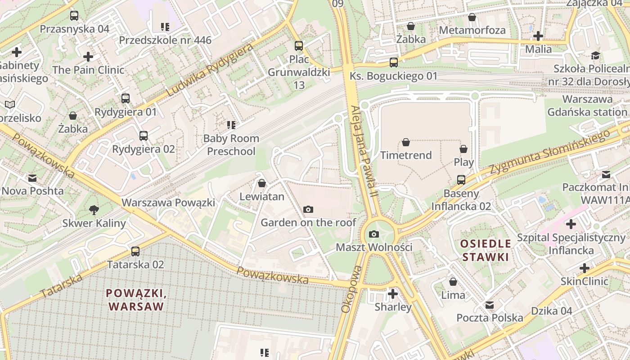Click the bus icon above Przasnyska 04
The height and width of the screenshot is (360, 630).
(74, 16)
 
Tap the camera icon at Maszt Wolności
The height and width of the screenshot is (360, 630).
(373, 234)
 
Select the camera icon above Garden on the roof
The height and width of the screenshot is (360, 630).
(308, 209)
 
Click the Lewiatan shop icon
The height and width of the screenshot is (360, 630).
(261, 183)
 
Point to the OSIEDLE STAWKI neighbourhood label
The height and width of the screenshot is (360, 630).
(485, 250)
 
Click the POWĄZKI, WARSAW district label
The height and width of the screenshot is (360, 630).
(136, 300)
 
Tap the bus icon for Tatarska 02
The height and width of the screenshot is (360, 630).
(135, 252)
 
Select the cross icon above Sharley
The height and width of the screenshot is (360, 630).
(393, 294)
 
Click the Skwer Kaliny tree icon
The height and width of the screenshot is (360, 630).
(94, 210)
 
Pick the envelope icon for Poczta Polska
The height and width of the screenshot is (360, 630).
(490, 305)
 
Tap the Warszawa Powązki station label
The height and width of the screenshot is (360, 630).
(168, 202)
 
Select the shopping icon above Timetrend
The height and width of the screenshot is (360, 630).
(406, 142)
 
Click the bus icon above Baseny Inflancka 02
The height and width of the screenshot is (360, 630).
(461, 180)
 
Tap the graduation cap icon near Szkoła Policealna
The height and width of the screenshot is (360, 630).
(595, 56)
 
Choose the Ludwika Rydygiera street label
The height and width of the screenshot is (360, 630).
(210, 71)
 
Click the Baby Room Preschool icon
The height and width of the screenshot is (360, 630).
(231, 125)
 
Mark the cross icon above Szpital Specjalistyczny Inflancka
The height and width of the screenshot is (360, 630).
(571, 224)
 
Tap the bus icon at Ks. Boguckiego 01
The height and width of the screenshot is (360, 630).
(394, 63)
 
